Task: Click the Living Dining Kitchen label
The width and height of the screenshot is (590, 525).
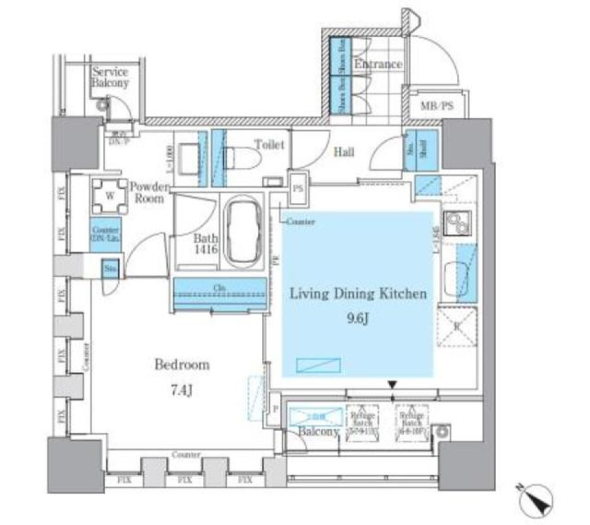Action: [x=358, y=294]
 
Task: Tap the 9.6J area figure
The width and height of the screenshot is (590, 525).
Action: [x=358, y=318]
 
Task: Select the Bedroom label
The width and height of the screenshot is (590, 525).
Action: [x=181, y=365]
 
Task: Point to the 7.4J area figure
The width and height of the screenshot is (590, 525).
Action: [x=181, y=390]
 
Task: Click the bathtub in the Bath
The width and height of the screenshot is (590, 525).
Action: [x=244, y=231]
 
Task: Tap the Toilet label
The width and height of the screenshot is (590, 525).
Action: [x=269, y=145]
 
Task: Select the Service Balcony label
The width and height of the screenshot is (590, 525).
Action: [x=111, y=77]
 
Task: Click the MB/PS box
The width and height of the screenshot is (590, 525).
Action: [x=437, y=106]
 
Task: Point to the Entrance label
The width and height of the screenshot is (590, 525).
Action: [x=377, y=64]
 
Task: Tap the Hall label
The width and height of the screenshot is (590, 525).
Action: [x=343, y=152]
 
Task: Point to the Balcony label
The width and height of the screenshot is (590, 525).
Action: [x=318, y=432]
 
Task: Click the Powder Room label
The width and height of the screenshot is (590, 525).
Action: [x=146, y=192]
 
